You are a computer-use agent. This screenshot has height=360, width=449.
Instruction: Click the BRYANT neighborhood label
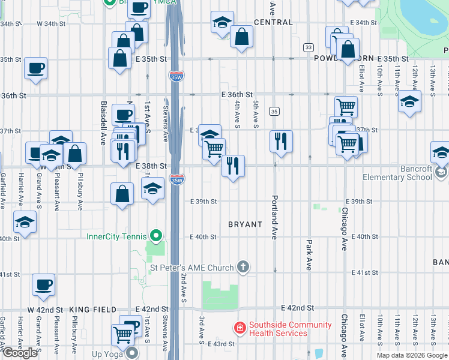coord(245,224)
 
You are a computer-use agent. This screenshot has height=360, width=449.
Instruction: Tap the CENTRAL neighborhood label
coord(273,22)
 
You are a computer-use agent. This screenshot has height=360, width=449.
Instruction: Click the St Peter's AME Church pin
coord(243,266)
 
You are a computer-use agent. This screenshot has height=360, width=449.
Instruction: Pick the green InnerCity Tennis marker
coord(156,236)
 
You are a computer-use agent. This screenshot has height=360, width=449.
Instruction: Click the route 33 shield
coord(309,47)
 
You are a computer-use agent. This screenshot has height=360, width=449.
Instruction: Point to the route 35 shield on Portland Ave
coord(274,111)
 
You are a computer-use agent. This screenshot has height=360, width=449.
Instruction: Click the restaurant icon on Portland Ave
coord(281,142)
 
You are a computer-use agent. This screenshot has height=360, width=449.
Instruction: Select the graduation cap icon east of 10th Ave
coord(409,101)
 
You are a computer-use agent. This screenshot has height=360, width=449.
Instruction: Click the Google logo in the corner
coord(20,353)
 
